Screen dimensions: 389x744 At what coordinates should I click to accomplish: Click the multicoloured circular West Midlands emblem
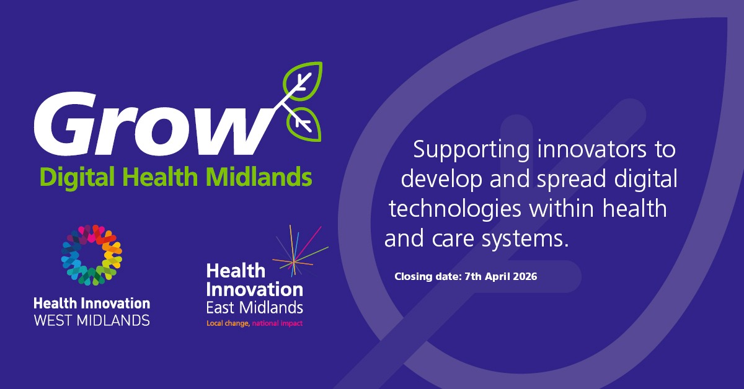point(92,255)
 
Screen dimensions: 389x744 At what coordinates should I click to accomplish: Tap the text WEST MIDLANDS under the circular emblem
point(92,321)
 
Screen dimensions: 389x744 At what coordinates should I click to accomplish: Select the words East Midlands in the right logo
point(254,308)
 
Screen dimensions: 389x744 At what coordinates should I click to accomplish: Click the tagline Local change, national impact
point(254,323)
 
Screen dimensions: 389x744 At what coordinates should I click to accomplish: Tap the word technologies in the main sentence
point(454,209)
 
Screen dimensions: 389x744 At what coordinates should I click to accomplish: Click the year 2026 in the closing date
point(523,276)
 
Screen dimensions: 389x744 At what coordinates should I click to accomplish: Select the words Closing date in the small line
point(427,276)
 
